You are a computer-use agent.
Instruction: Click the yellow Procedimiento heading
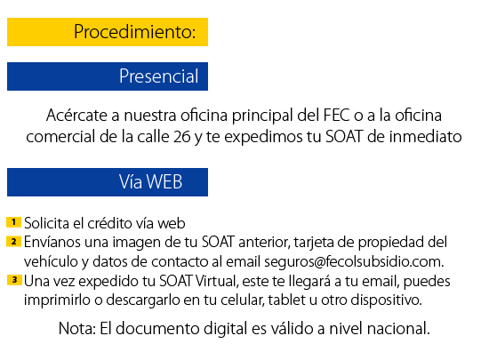[108, 32]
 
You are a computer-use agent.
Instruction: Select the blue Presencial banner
[108, 76]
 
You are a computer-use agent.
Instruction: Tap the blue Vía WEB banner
[108, 182]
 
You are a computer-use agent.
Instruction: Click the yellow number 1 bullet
[13, 222]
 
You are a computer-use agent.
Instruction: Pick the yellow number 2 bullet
[13, 241]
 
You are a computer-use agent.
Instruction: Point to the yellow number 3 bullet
[14, 280]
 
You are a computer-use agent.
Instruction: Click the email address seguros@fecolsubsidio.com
[354, 262]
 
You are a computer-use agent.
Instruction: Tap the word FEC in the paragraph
[336, 115]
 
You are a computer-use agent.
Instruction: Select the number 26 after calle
[181, 137]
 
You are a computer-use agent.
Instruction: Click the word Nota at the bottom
[77, 328]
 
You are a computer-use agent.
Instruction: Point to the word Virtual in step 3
[217, 281]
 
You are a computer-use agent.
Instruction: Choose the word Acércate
[76, 115]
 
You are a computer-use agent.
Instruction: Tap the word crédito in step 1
[109, 223]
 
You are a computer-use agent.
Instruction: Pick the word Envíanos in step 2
[52, 242]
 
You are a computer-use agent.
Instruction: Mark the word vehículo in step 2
[51, 262]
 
